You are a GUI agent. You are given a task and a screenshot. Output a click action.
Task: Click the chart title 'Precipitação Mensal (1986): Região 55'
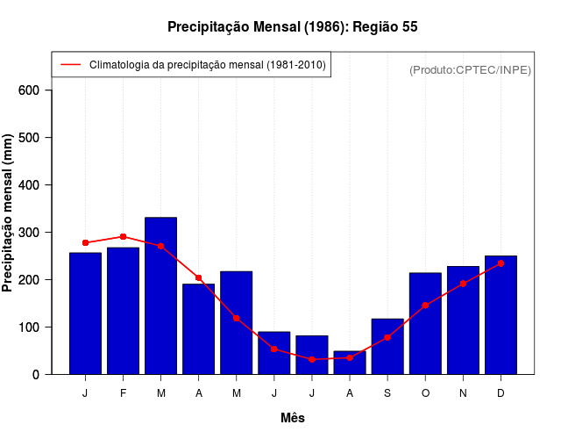(292, 27)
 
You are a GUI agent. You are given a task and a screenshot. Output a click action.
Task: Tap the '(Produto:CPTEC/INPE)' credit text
(470, 69)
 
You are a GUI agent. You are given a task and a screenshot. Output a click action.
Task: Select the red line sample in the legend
(71, 65)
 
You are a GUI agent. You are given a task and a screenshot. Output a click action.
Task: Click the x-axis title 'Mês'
(293, 418)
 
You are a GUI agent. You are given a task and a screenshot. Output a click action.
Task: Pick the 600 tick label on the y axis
(29, 90)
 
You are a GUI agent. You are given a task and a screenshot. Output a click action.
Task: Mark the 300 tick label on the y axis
(29, 233)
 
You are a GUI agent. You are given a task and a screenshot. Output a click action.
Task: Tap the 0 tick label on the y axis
(36, 374)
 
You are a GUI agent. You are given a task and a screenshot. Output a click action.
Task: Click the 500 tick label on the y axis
(29, 138)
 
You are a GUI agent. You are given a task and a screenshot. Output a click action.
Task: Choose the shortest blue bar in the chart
(350, 363)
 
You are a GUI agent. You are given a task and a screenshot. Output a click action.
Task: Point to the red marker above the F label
(123, 237)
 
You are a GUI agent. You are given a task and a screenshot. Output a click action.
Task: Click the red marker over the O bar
(425, 306)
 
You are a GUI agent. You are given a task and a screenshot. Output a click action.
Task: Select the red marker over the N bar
(463, 284)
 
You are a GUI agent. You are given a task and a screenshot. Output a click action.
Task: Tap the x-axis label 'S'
(387, 393)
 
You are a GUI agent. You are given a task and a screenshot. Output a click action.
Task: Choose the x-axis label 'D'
(501, 393)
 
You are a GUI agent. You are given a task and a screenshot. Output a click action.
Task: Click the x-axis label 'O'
(425, 393)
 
